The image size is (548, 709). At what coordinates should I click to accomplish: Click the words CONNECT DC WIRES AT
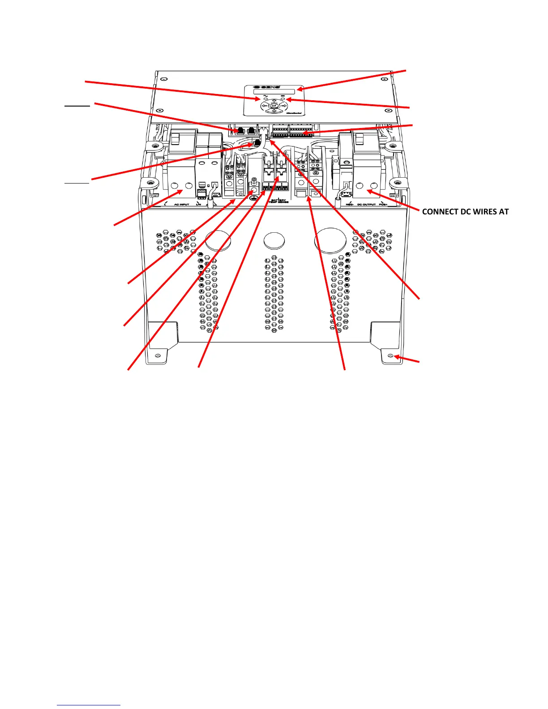465,212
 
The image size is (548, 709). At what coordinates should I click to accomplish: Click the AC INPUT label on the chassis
182,205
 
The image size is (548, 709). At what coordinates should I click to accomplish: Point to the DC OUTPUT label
366,205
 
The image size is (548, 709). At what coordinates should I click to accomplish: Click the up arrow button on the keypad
274,101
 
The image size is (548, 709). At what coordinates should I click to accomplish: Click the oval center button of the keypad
274,106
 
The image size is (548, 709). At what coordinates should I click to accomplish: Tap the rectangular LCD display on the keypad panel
274,92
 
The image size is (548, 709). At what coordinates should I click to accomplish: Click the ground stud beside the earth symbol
253,182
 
